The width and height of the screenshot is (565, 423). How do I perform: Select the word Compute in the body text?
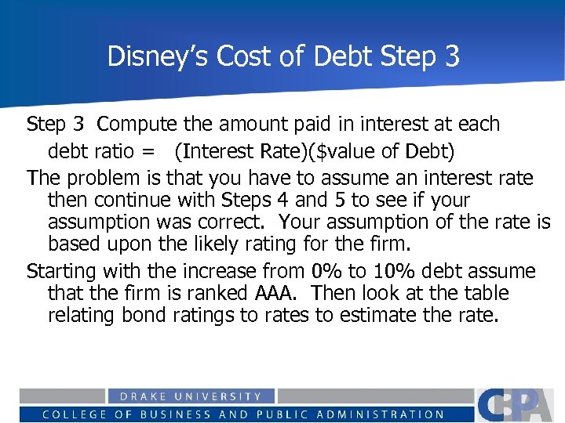pyautogui.click(x=136, y=124)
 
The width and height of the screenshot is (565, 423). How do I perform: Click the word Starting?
pyautogui.click(x=61, y=271)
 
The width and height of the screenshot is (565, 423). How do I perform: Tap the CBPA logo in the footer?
pyautogui.click(x=519, y=405)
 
